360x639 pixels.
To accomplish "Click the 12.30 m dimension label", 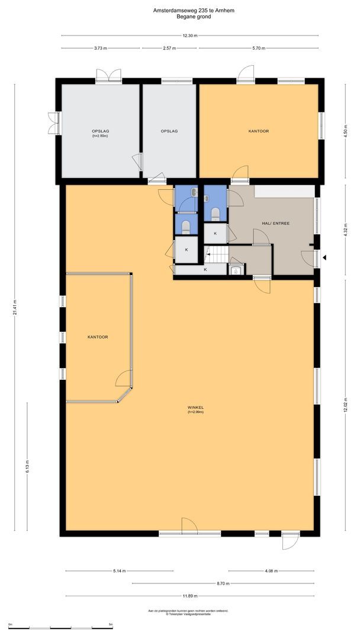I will coord(189,35).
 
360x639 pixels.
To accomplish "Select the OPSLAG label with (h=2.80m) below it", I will coord(99,131).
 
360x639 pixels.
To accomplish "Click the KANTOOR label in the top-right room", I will coord(258,131).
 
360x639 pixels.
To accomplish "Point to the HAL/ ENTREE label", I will coord(275,224).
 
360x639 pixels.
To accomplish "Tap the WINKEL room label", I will coord(195,408).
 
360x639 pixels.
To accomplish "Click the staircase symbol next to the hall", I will coord(216,255).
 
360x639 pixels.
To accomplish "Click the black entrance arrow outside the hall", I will coord(324,257).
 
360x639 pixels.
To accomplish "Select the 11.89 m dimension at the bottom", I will coord(189,596).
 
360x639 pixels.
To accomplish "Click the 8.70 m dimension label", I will coord(223,583).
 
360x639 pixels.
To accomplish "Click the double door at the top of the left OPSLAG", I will coord(109,75).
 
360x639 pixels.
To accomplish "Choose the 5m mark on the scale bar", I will coord(111,624).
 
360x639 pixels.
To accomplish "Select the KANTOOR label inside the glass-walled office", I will coord(97,337).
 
